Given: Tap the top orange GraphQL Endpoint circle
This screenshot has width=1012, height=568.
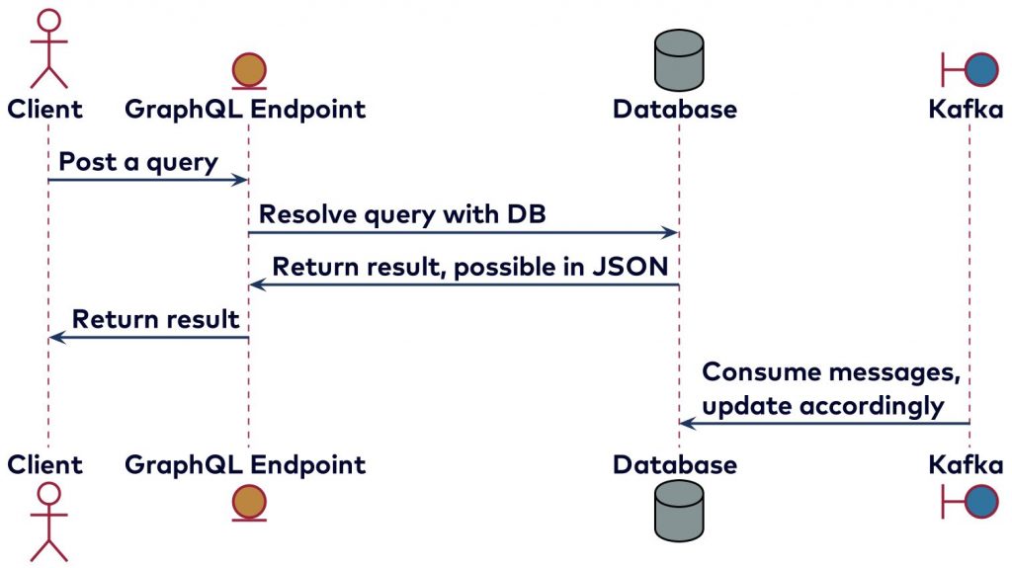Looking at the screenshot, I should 248,71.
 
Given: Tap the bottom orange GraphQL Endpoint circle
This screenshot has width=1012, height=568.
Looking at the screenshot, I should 248,503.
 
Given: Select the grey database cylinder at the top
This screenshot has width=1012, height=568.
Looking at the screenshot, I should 679,57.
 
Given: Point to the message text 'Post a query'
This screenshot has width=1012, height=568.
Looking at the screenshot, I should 138,162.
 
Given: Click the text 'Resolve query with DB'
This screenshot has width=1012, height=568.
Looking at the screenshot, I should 402,214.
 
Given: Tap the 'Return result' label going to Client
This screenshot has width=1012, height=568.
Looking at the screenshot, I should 155,319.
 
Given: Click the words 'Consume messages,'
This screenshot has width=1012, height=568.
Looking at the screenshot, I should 831,372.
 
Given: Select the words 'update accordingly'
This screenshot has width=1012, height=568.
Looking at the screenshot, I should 822,406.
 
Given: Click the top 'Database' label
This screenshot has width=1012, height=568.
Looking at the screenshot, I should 675,109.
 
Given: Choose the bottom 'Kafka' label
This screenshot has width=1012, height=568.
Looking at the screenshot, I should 966,464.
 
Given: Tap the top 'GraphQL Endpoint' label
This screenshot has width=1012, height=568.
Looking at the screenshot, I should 245,109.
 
